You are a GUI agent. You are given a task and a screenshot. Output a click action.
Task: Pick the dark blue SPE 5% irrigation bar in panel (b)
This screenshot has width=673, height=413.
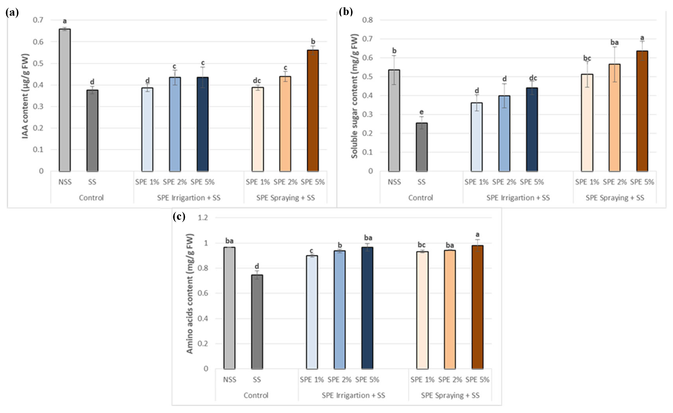coord(532,129)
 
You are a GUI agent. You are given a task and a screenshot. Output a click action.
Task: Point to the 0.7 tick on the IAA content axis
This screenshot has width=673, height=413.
coord(38,20)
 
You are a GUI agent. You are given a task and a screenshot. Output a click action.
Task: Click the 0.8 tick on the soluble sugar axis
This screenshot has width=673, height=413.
coord(367,20)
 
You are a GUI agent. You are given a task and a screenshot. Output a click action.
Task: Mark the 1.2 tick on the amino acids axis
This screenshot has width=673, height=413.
coord(203,218)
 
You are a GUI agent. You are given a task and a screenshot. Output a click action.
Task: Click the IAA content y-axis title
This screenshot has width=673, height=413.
coord(25,96)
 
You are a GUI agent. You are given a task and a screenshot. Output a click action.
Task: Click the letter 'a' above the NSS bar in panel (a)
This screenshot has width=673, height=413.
coord(65,21)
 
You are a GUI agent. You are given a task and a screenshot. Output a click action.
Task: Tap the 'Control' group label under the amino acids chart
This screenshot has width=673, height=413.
coord(256,395)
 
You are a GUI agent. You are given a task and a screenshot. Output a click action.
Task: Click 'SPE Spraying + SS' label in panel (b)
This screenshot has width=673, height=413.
coord(615,198)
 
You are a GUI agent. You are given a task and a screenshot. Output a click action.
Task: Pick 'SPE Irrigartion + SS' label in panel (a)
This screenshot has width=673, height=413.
coord(188,198)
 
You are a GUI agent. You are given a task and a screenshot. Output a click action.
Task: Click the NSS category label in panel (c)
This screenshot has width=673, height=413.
coord(230,380)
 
